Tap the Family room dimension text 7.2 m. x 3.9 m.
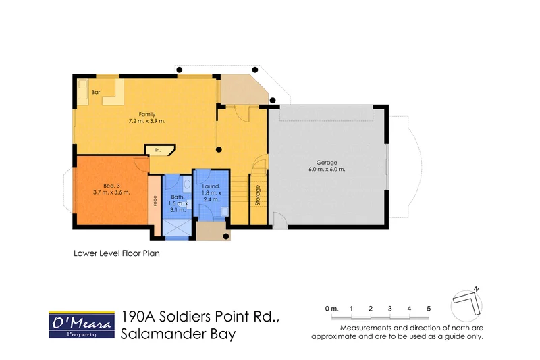click(146, 121)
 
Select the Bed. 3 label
click(112, 184)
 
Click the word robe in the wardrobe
click(155, 200)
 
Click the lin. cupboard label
click(158, 150)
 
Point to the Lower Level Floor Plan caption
click(115, 255)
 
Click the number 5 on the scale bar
click(429, 309)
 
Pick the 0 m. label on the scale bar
click(331, 309)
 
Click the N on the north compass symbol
click(477, 289)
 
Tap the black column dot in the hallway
click(219, 149)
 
